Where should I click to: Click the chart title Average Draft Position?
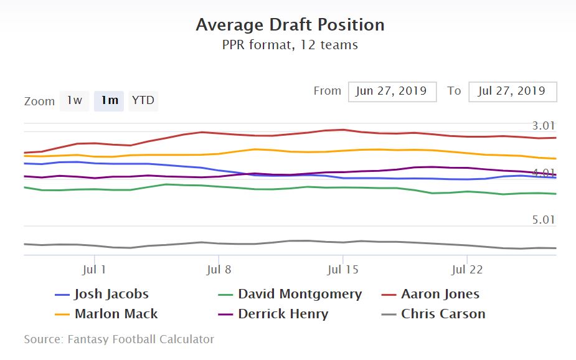click(x=290, y=25)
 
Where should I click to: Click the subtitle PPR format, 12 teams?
click(x=290, y=45)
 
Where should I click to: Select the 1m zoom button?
click(x=110, y=101)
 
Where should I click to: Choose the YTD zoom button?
click(x=143, y=101)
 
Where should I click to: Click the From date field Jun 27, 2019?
click(x=392, y=91)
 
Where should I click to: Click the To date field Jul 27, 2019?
click(x=512, y=91)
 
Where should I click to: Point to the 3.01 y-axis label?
click(x=543, y=126)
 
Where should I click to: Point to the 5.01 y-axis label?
click(x=543, y=220)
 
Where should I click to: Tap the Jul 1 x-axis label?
click(x=94, y=270)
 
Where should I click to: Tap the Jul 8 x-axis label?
click(x=218, y=270)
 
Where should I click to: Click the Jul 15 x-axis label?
click(x=342, y=270)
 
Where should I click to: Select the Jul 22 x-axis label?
click(x=466, y=270)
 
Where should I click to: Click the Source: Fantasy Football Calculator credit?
click(x=119, y=339)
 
